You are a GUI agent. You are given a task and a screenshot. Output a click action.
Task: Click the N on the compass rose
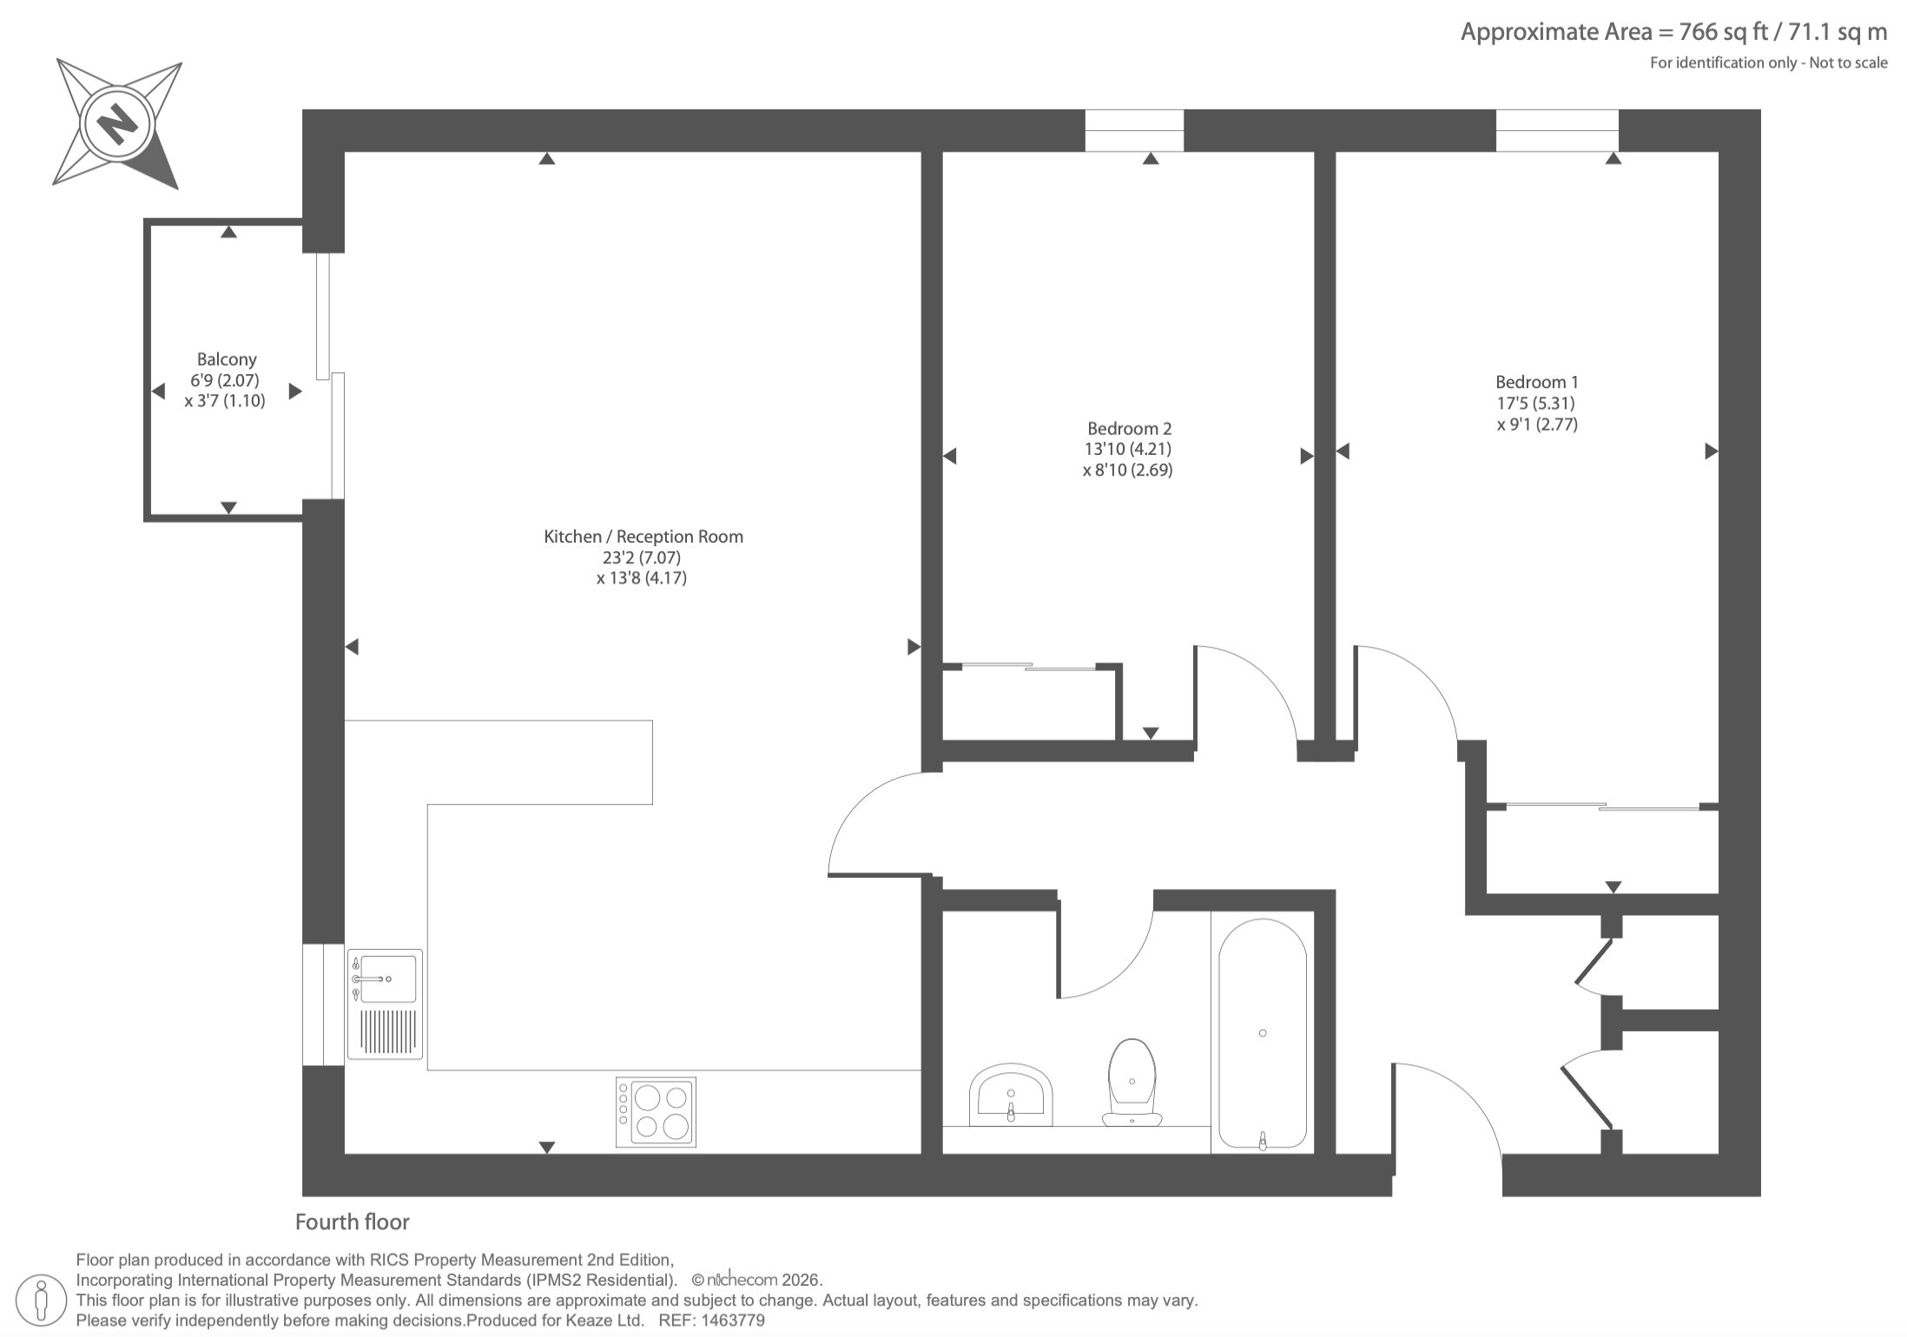click(118, 123)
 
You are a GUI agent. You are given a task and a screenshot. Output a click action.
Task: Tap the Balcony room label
click(227, 359)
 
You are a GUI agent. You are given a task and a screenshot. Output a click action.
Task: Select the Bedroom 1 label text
click(1537, 382)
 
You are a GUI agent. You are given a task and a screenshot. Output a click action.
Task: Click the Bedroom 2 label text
click(1129, 428)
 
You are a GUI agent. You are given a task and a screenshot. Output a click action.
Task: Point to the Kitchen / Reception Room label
click(643, 537)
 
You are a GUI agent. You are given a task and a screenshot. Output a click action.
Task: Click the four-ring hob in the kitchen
click(656, 1112)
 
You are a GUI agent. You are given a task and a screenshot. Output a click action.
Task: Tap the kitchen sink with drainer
click(385, 1004)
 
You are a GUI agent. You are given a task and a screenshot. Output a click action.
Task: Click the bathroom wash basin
click(1011, 1094)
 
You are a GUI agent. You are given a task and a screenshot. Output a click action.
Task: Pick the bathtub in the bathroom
click(1263, 1035)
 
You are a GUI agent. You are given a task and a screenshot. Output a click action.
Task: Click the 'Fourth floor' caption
click(352, 1222)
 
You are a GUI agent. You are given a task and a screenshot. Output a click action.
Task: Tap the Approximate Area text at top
click(1673, 32)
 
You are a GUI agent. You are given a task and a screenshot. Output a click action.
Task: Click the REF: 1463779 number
click(712, 1321)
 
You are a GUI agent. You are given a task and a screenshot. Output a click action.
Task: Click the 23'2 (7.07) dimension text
click(642, 557)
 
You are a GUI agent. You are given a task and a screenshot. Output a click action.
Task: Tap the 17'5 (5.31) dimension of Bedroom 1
click(1535, 403)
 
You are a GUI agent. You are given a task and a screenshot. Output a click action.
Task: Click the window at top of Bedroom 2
click(1134, 130)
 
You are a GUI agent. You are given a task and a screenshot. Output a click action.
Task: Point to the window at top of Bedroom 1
click(1557, 130)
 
